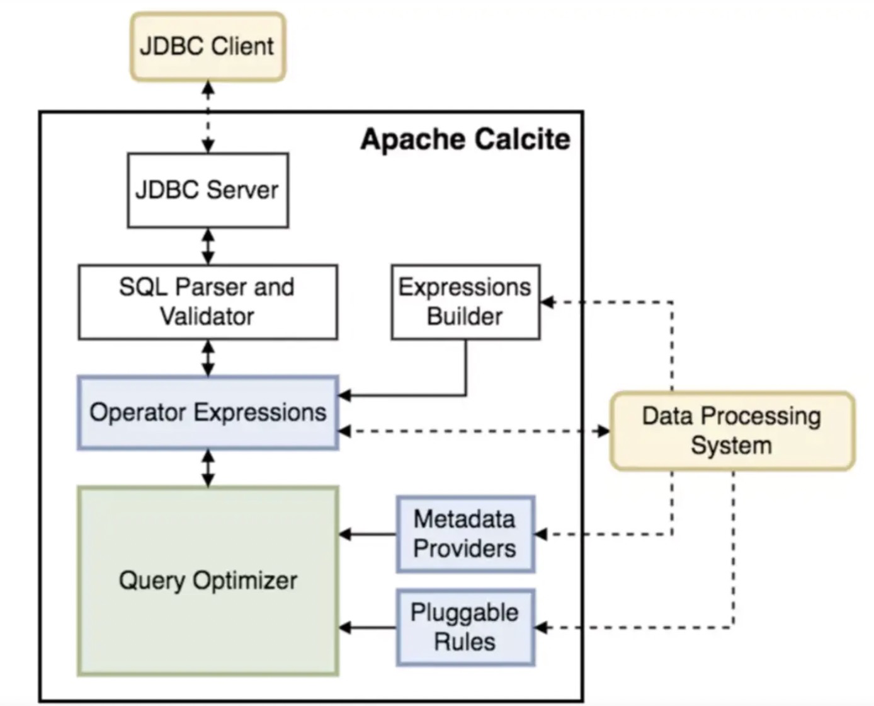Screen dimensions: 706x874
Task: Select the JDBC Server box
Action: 208,190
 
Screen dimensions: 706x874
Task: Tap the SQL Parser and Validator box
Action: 208,302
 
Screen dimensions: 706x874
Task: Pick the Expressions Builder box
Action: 465,302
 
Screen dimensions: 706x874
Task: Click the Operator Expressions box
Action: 208,413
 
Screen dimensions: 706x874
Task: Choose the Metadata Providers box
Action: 465,534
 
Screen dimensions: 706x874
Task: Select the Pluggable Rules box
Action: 465,627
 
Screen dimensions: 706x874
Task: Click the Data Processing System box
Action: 732,431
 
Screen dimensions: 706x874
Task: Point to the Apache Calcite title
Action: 465,139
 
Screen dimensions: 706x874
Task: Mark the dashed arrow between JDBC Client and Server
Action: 208,117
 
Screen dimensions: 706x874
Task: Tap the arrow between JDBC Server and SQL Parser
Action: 208,246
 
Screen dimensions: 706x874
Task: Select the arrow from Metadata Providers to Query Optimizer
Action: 368,535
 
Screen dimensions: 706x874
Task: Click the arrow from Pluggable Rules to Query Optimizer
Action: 368,628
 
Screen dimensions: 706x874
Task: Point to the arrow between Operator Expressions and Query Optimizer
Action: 208,468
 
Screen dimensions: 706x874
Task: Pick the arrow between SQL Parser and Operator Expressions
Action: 208,358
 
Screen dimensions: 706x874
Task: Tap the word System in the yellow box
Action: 731,446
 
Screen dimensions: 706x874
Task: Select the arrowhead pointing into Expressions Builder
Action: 547,303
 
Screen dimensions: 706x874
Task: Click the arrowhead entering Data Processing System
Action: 604,431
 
